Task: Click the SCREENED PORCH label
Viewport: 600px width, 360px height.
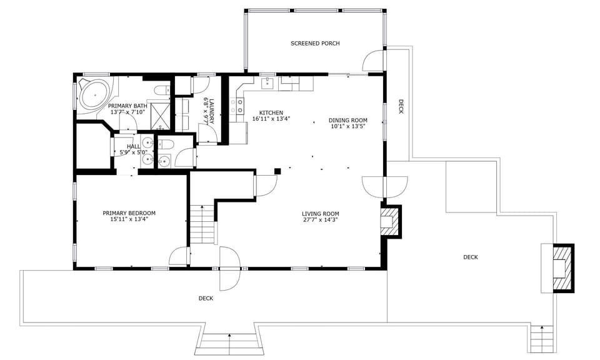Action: point(315,43)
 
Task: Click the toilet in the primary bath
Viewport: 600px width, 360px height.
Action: point(160,91)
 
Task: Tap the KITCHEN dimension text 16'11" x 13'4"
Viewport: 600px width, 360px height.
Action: point(271,119)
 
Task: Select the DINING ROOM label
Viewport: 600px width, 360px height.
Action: point(347,120)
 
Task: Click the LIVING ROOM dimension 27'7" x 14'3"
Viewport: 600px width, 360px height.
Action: point(320,220)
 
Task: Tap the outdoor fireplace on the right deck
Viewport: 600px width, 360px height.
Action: point(559,267)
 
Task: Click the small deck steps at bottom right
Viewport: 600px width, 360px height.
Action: point(542,339)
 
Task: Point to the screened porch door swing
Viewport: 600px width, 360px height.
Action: point(372,61)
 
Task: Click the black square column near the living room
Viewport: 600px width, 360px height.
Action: point(277,171)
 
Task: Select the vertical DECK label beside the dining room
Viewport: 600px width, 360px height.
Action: point(401,107)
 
